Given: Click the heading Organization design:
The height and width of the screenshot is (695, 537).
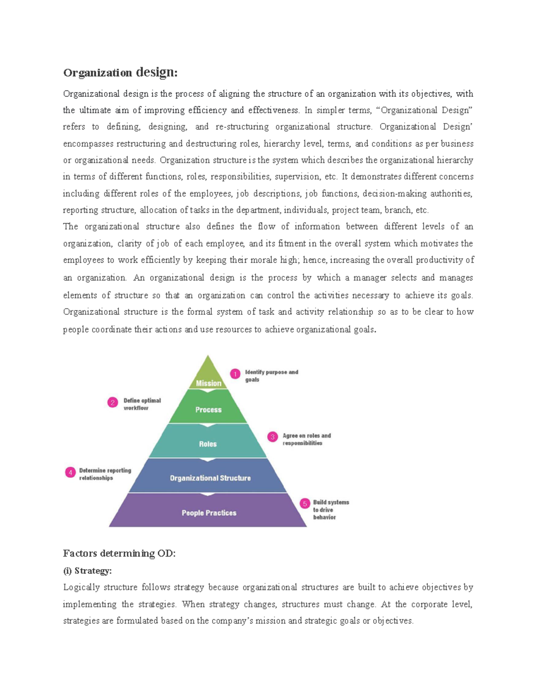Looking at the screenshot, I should pos(120,72).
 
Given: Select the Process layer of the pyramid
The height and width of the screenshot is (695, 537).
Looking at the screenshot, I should pos(208,409).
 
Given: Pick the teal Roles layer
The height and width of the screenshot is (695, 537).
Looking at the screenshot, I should pos(208,443).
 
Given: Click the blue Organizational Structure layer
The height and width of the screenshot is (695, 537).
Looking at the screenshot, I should pos(210,478).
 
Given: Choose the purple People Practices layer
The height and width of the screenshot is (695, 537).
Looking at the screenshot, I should pos(209,512).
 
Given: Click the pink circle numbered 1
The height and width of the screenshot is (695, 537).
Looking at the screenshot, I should pos(235,373).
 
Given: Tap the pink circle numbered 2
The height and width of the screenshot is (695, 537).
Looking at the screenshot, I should pos(113,402).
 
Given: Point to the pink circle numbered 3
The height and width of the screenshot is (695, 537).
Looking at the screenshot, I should pos(273,437).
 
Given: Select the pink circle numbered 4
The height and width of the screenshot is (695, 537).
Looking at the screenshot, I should pos(70,472).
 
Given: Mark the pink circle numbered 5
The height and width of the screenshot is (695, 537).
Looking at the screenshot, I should pos(305,504).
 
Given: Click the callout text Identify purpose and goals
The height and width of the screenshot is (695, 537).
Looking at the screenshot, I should pos(271,375).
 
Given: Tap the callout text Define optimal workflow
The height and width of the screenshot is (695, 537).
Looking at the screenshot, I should pos(142,404).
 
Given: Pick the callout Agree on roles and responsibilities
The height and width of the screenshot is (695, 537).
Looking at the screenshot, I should pos(306,439).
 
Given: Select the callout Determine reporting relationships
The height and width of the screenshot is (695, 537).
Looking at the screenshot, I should pos(105,474).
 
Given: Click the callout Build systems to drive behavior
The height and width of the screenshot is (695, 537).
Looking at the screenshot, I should pos(330,509).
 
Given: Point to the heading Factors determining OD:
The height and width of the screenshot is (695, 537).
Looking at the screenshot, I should pos(119,553).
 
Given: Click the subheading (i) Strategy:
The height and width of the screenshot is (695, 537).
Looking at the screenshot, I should pos(87,571).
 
